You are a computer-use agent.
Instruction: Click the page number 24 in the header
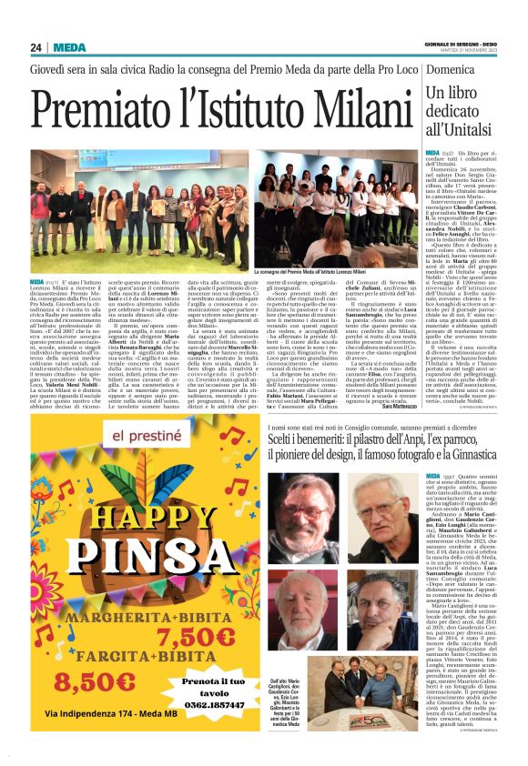36,47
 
